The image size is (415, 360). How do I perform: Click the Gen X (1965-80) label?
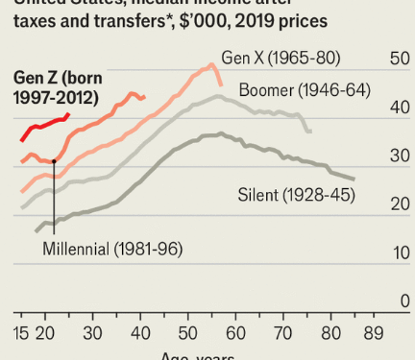click(x=281, y=58)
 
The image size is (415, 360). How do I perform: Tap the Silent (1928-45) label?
click(x=297, y=196)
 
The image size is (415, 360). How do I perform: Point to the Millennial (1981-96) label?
click(x=112, y=249)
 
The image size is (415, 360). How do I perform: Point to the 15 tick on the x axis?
click(x=21, y=333)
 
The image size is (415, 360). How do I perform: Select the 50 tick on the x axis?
click(x=188, y=333)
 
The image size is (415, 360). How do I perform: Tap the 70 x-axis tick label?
click(x=283, y=333)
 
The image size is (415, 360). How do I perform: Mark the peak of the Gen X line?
click(x=211, y=65)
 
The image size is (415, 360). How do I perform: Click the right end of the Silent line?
click(x=354, y=180)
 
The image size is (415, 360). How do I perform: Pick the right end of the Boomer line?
click(x=309, y=131)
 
